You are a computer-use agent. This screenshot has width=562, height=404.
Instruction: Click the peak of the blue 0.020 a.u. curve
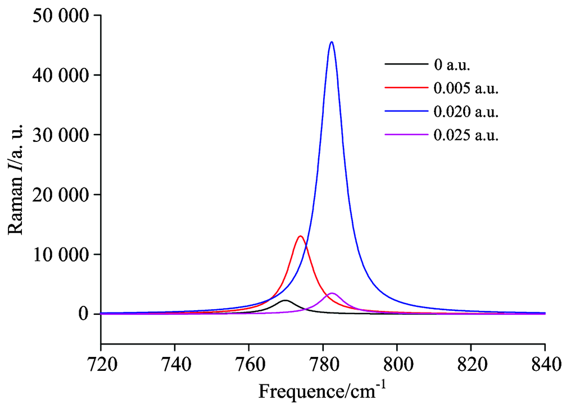(332, 42)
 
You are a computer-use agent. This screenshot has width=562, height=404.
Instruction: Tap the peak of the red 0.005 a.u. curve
(301, 236)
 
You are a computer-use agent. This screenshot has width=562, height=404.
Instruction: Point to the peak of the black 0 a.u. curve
(286, 301)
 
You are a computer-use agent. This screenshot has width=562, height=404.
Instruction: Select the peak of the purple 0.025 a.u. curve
(332, 293)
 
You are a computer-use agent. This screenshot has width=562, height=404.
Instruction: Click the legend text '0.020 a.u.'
(466, 112)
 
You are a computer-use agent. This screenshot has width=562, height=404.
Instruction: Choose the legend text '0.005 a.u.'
(466, 88)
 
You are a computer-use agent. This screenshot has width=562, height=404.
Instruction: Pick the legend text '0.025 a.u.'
(466, 135)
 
